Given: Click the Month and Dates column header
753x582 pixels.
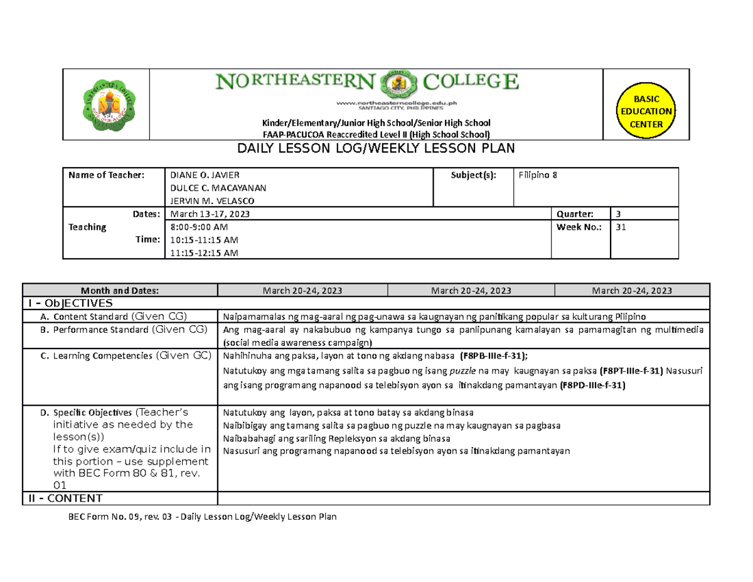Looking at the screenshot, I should tap(119, 290).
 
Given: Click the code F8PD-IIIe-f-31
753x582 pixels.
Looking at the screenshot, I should tap(592, 385).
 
